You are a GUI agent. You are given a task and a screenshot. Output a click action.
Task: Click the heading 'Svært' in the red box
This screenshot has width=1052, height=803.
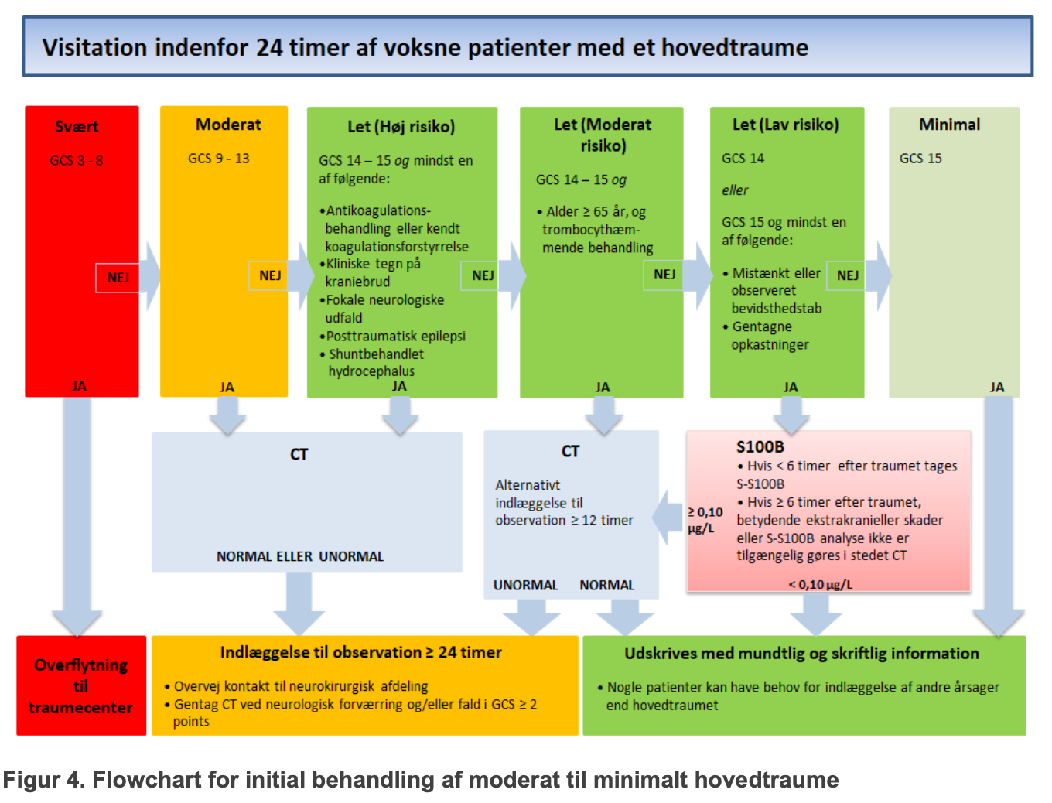coord(77,127)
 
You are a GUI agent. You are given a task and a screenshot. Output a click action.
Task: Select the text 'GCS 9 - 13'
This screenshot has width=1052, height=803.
coord(218,159)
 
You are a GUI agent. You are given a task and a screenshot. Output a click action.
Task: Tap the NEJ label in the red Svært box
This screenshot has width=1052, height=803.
coord(118,278)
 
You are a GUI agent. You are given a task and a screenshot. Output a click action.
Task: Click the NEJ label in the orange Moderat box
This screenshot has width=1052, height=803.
coord(270,275)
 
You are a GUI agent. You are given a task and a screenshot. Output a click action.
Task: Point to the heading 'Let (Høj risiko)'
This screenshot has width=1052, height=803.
coord(401,126)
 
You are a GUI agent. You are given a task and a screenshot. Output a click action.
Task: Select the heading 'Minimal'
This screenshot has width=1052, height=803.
coord(949,125)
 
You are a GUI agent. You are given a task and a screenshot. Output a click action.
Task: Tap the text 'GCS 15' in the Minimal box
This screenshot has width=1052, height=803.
coord(920,159)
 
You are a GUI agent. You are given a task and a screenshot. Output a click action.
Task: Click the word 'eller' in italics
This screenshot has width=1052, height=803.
coord(735,190)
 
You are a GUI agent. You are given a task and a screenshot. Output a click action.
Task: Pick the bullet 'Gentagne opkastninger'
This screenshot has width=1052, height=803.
coord(766,336)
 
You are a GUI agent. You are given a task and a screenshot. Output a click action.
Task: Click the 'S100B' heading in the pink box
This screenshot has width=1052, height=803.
coord(760,446)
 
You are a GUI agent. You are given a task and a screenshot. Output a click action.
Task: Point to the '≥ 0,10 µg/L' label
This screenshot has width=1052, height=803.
coord(705,520)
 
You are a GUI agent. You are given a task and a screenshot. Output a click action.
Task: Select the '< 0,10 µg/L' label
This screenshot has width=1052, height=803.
coord(820,584)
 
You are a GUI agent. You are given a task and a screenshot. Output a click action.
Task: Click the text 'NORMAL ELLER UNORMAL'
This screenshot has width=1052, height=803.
coord(300,556)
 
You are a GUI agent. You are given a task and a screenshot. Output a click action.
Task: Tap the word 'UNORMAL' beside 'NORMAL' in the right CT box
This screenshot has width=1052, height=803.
coord(525,586)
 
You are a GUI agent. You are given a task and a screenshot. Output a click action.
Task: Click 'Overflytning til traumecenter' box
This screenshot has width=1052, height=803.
coord(81,685)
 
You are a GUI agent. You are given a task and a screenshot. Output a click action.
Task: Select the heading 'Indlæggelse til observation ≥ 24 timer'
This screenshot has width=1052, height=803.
coord(360,652)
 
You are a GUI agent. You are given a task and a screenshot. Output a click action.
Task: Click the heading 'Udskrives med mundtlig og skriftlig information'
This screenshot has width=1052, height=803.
coord(801,654)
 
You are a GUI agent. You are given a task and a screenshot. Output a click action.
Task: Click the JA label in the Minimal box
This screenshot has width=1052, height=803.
coord(996,387)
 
